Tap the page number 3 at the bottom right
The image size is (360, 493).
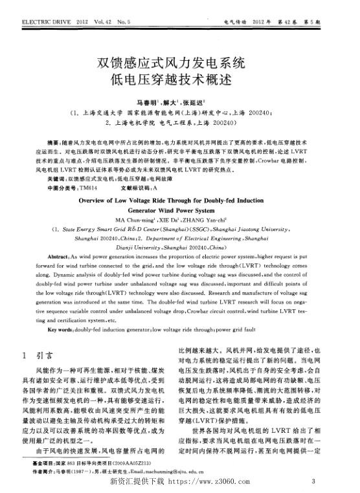pyautogui.click(x=313, y=481)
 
